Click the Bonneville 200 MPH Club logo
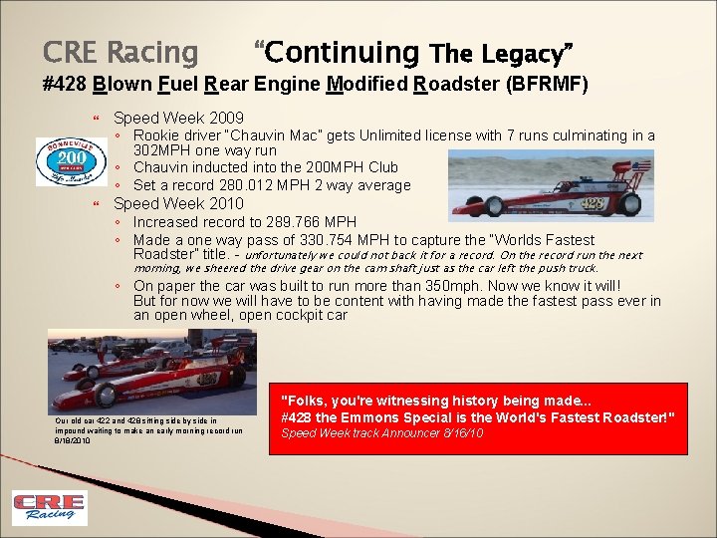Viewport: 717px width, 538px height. pyautogui.click(x=71, y=160)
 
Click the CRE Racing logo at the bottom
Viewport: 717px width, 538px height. pyautogui.click(x=49, y=507)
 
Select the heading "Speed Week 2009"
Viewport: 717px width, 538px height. pyautogui.click(x=178, y=118)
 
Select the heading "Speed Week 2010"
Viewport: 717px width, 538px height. pyautogui.click(x=178, y=203)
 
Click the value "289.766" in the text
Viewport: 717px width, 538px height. pyautogui.click(x=285, y=221)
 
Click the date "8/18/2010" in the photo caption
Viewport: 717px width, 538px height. pyautogui.click(x=73, y=440)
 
